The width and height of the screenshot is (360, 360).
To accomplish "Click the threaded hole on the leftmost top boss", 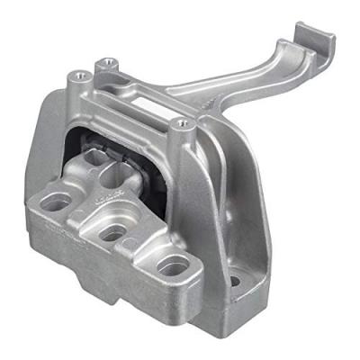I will pyautogui.click(x=78, y=75).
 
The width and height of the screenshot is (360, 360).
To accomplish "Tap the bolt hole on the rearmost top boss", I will pyautogui.click(x=110, y=62).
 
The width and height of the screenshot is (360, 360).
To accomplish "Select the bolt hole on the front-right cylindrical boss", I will pyautogui.click(x=183, y=122).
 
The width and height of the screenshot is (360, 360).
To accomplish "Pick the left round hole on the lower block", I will pyautogui.click(x=56, y=203).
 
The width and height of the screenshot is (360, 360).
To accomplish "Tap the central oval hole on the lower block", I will pyautogui.click(x=112, y=232).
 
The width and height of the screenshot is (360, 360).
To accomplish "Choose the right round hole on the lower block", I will pyautogui.click(x=173, y=265).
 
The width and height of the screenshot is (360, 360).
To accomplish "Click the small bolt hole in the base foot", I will pyautogui.click(x=235, y=281).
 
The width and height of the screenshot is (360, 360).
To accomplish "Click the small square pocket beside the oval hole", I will pyautogui.click(x=131, y=243).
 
